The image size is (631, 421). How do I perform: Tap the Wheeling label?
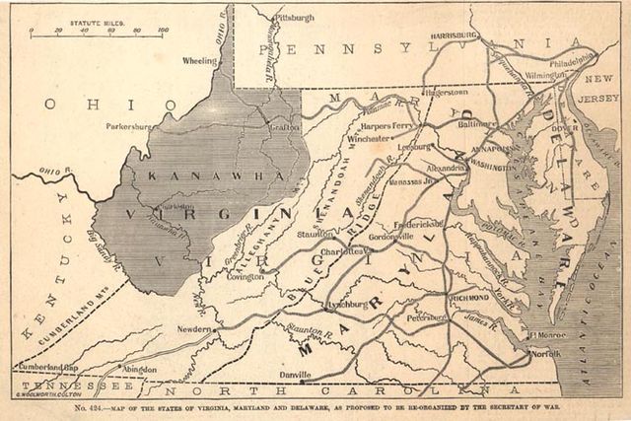(199, 60)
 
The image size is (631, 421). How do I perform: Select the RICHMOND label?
(469, 297)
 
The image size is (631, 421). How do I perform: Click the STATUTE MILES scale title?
(97, 19)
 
